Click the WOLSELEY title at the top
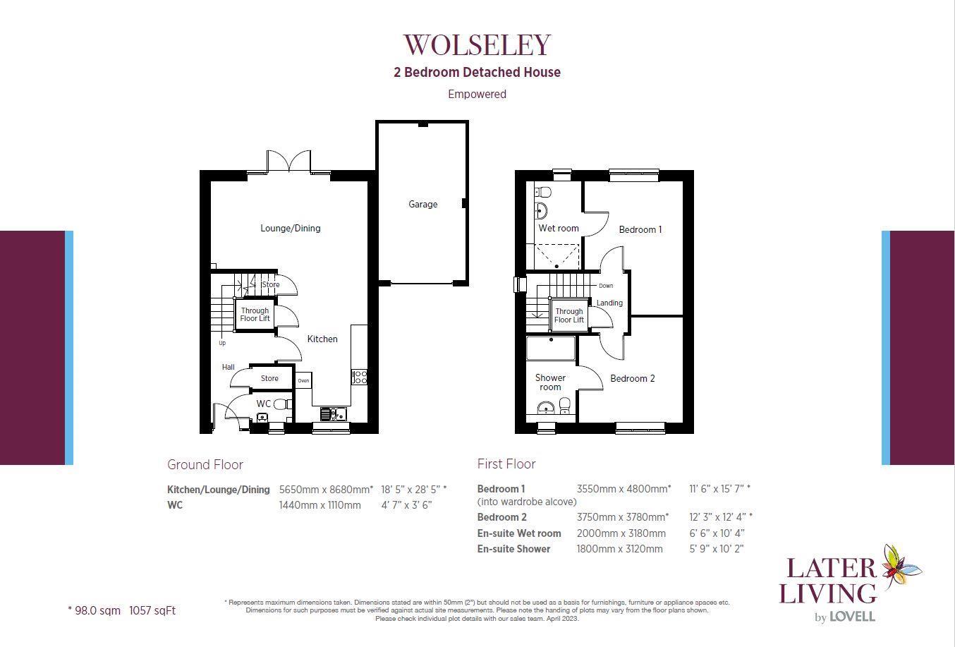(x=477, y=44)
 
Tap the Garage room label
(x=422, y=204)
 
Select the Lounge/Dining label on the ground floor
(x=290, y=228)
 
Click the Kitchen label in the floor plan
(x=322, y=339)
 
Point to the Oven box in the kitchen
(x=303, y=380)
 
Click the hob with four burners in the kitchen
(x=360, y=377)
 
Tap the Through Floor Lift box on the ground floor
(x=255, y=314)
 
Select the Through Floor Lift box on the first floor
(x=568, y=315)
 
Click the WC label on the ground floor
(x=263, y=404)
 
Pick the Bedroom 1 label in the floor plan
(x=640, y=229)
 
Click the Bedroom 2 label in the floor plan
(x=632, y=378)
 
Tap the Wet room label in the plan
(x=558, y=228)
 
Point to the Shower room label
(x=550, y=382)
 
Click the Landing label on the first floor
(x=609, y=303)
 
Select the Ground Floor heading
(x=205, y=464)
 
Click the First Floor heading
(x=506, y=464)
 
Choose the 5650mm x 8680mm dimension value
(x=326, y=489)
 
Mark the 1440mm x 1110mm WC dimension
(x=320, y=504)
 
